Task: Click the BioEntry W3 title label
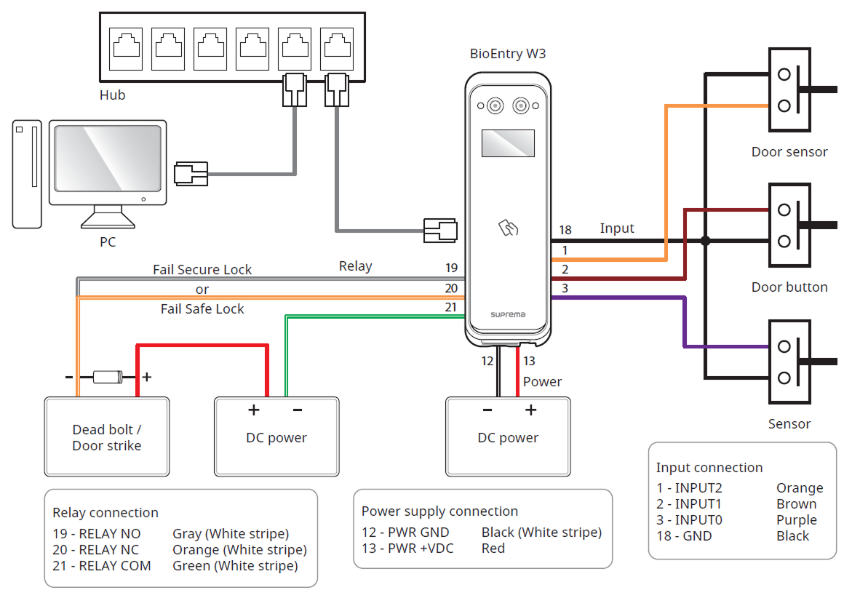[x=507, y=55]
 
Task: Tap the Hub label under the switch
[x=113, y=95]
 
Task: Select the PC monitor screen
[x=108, y=159]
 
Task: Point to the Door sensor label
[x=789, y=152]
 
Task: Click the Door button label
[x=789, y=287]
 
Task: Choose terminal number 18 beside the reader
[x=565, y=231]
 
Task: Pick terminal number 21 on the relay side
[x=451, y=308]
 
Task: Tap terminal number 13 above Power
[x=529, y=361]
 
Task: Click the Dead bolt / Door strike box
[x=107, y=436]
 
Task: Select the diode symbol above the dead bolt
[x=108, y=377]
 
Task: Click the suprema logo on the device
[x=506, y=315]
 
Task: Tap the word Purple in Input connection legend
[x=797, y=520]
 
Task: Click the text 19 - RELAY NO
[x=97, y=534]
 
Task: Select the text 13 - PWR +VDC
[x=407, y=549]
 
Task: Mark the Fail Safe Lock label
[x=202, y=309]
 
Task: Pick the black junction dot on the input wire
[x=704, y=241]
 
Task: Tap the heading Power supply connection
[x=439, y=511]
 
